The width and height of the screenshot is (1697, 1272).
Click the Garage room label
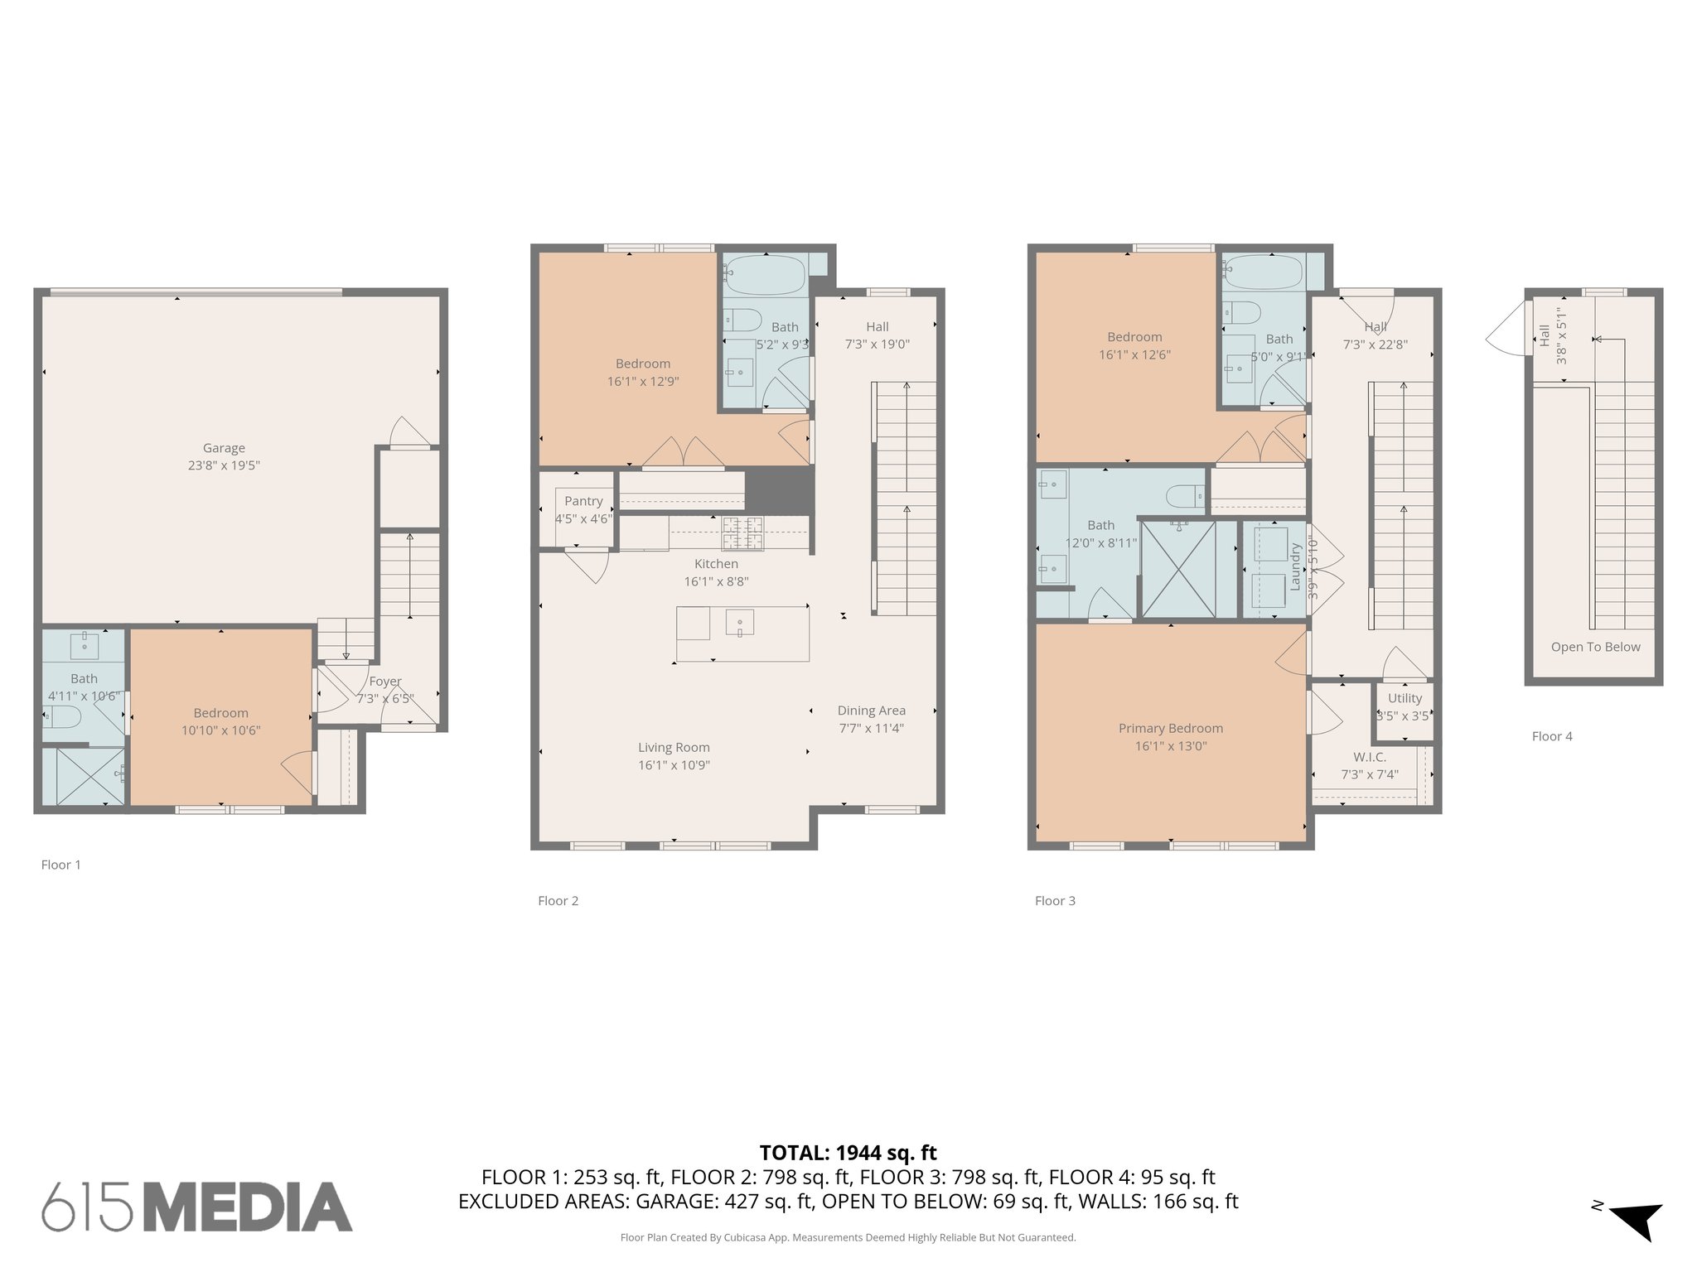tap(224, 448)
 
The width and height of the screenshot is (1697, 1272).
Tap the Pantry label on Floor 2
tap(583, 501)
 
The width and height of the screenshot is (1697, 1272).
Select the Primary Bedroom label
tap(1170, 728)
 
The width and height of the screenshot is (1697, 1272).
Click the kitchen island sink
tap(739, 622)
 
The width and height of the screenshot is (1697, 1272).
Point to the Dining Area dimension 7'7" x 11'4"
tap(871, 729)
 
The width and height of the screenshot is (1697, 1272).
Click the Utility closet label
tap(1404, 698)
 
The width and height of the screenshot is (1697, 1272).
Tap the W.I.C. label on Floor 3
tap(1370, 757)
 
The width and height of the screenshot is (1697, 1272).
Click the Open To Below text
tap(1595, 647)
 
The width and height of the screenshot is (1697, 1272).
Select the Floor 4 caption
tap(1552, 736)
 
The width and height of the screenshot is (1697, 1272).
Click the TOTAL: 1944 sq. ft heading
tap(848, 1153)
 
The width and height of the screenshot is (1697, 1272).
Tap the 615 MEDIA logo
tap(197, 1207)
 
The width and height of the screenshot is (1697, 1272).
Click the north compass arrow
tap(1637, 1219)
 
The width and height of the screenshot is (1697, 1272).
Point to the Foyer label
tap(385, 681)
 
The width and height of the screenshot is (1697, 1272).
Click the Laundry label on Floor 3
tap(1294, 566)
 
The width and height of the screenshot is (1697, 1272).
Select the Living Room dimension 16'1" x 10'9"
tap(674, 765)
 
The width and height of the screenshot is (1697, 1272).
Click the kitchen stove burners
tap(742, 532)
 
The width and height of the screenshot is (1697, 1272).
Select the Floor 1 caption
tap(61, 865)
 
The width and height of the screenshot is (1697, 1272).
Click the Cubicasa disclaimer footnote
tap(848, 1238)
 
